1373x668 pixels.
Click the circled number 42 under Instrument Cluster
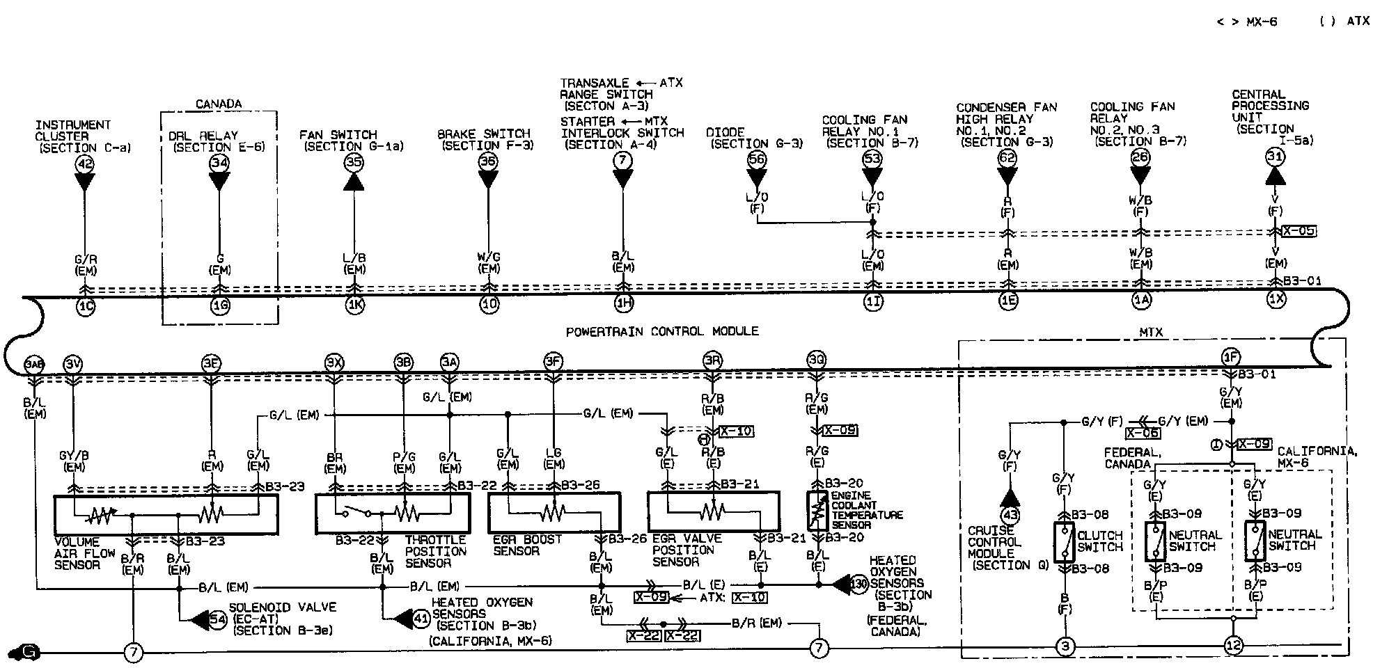coord(84,165)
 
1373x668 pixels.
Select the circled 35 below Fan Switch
coord(354,163)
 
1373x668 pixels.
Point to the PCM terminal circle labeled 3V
coord(72,364)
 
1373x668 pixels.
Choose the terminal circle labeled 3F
coord(554,361)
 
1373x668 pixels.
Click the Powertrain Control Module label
coord(661,331)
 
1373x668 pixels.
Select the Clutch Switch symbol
coord(1063,542)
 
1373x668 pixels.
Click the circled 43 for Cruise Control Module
coord(1010,516)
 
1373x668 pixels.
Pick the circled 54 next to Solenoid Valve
coord(218,619)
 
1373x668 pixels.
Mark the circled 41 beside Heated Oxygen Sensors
coord(421,617)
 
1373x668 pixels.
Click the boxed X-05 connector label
coord(1299,231)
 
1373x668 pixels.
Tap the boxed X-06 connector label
coord(1142,433)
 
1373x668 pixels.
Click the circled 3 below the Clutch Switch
coord(1065,647)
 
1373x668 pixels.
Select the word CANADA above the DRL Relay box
coord(219,104)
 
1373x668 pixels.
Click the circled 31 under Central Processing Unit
coord(1275,157)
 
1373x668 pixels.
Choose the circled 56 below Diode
coord(757,159)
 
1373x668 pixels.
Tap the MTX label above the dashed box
coord(1150,333)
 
